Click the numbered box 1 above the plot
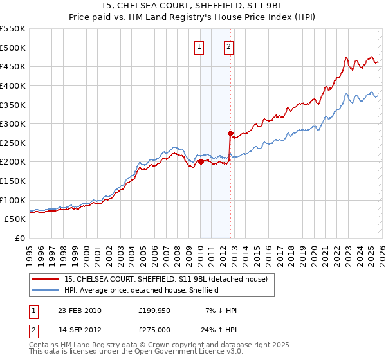coord(199,46)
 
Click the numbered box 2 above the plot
coord(229,46)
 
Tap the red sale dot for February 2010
coord(201,162)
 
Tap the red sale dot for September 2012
coord(230,133)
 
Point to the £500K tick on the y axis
coord(13,48)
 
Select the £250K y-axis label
coord(13,143)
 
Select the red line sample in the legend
coord(46,279)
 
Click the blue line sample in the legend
coord(46,290)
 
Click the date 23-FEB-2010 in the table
coord(80,310)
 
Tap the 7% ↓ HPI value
coord(221,310)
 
